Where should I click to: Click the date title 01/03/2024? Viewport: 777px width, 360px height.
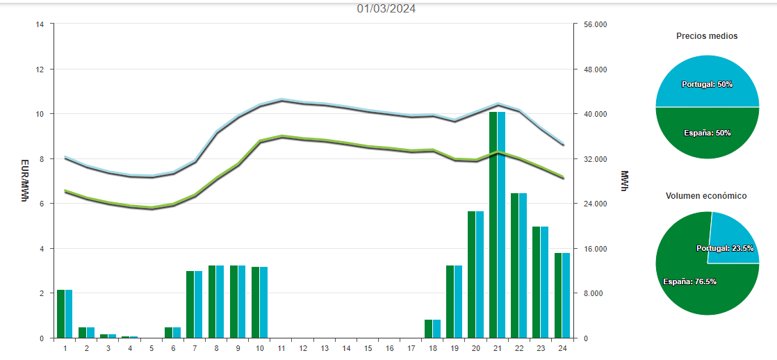(x=386, y=9)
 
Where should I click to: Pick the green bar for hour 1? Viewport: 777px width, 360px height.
(x=60, y=313)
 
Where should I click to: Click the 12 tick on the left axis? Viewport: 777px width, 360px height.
(x=40, y=69)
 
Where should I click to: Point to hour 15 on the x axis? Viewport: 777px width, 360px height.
(x=368, y=347)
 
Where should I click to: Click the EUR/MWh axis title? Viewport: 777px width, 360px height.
(x=24, y=181)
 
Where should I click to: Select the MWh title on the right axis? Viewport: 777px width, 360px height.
(x=624, y=181)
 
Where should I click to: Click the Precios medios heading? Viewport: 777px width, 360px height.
(x=707, y=36)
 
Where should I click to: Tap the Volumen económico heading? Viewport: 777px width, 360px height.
(x=707, y=196)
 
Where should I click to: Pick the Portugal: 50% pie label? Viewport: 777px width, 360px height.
(x=707, y=84)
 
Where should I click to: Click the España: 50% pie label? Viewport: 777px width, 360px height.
(x=707, y=133)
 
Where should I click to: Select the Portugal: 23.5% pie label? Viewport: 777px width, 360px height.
(x=725, y=248)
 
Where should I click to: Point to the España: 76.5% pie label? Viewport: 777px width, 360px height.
(x=689, y=281)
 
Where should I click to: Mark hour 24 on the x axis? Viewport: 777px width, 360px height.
(x=562, y=347)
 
